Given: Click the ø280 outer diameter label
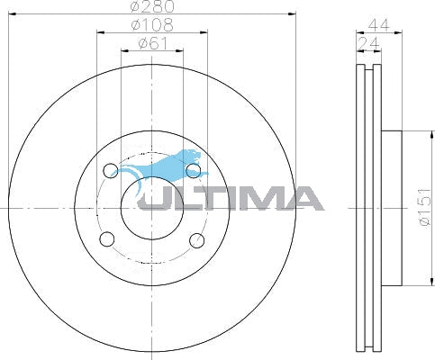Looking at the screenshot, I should coord(151,7).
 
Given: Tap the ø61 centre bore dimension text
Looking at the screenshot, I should coord(151,42).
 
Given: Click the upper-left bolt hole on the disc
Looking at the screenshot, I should coord(110,169).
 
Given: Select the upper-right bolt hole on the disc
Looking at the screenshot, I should coord(192,169).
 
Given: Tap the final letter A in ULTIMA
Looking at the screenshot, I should coord(302,197).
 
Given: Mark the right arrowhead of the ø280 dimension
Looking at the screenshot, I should coord(292,13).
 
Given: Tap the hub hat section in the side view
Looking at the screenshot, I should coord(389,209).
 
